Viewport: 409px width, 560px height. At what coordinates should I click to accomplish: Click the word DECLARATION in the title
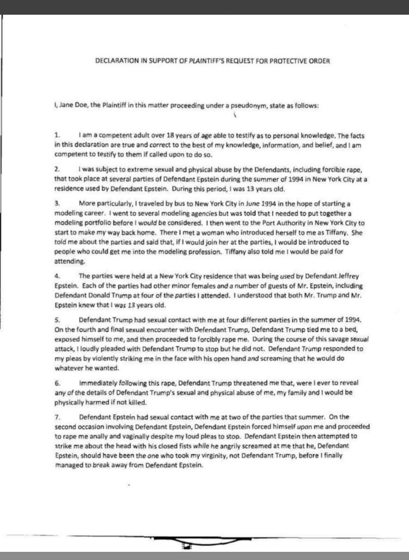coord(117,61)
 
